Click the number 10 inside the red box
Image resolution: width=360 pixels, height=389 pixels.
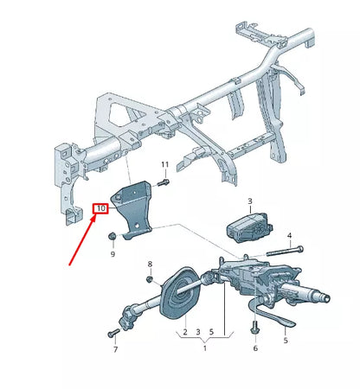click(101, 208)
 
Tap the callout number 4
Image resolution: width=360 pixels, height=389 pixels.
click(289, 234)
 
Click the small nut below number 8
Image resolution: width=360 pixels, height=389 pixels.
click(149, 280)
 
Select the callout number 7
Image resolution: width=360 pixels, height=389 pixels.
click(113, 353)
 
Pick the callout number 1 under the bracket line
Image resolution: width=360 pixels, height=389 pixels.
click(204, 348)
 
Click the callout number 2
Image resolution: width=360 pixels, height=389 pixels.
click(184, 332)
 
